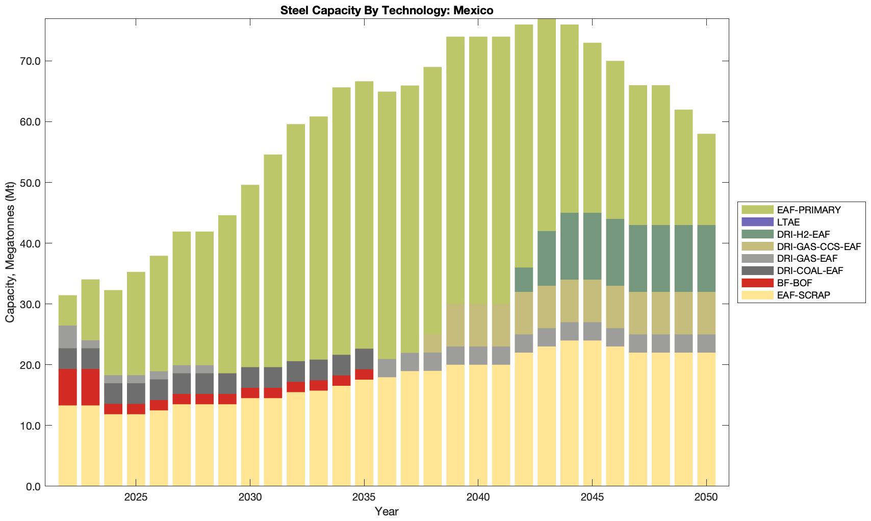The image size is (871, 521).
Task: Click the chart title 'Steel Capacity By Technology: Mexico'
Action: [x=387, y=10]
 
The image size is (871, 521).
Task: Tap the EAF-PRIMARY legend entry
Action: [x=808, y=210]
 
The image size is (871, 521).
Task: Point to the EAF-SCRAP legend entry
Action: [x=803, y=295]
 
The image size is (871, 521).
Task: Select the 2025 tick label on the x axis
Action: [x=136, y=498]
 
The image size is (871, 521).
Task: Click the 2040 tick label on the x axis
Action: [x=478, y=498]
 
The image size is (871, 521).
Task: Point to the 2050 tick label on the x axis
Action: [x=706, y=498]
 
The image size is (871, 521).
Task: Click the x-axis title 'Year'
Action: [x=387, y=511]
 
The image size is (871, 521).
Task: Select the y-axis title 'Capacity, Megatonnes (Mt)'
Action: [x=10, y=252]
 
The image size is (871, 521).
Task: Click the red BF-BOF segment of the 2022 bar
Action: [x=68, y=387]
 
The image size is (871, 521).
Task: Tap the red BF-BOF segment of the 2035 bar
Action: [x=364, y=374]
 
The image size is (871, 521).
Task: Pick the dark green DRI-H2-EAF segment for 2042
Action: [x=524, y=280]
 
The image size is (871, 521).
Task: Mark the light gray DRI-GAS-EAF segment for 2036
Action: [x=387, y=368]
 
